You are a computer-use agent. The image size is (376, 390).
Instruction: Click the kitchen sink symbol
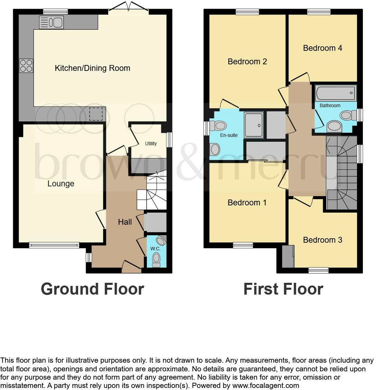point(51,22)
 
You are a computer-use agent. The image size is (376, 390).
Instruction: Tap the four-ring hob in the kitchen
point(26,66)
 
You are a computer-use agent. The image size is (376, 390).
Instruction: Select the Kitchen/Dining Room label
point(93,68)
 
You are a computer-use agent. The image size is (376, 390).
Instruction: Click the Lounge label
point(61,184)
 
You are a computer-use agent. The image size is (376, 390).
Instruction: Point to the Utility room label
point(151,143)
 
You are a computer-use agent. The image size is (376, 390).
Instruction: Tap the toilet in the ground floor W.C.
point(157,259)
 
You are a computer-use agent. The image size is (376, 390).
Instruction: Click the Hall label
point(125,222)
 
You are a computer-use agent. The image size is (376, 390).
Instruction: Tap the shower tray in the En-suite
point(254,125)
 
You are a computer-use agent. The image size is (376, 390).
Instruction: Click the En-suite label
point(229,135)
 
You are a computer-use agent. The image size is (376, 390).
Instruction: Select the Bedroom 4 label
point(322,48)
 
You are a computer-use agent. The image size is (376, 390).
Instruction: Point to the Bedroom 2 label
point(247,62)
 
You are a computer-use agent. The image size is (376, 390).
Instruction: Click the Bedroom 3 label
point(322,240)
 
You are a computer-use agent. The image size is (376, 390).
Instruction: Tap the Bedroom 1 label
point(247,203)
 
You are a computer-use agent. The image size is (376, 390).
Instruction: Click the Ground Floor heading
point(92,289)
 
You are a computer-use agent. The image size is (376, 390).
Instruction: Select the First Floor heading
point(283,289)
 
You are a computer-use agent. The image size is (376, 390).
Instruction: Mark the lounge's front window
point(54,245)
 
